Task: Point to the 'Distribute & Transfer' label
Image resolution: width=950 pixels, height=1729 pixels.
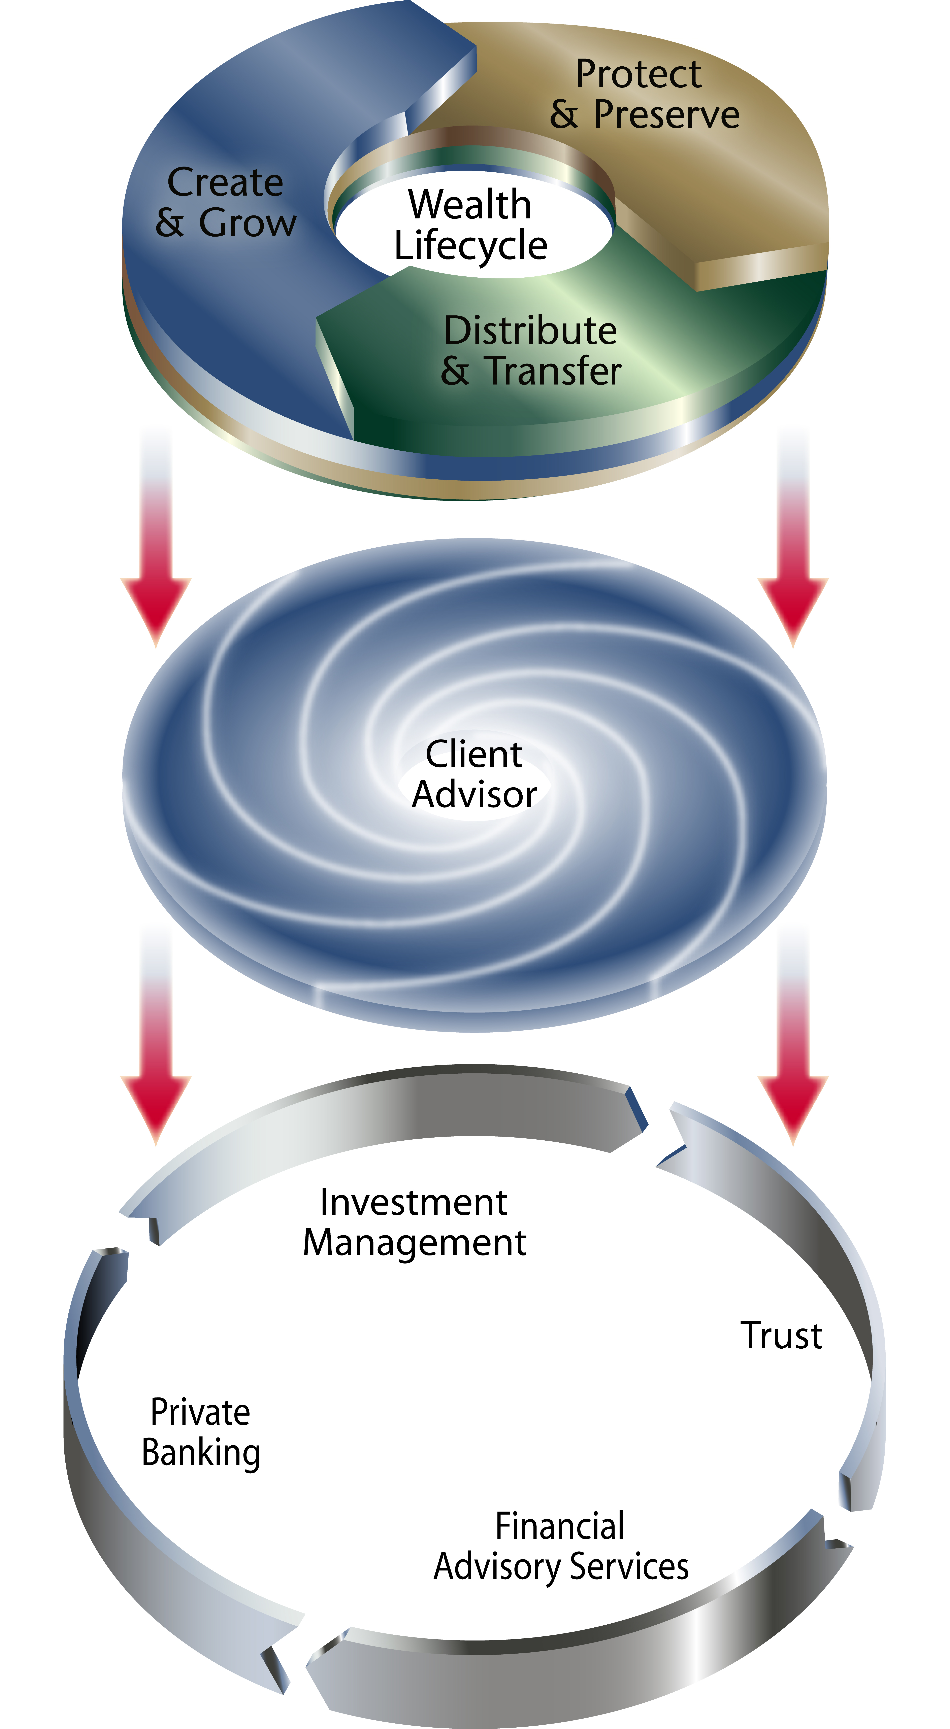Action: coord(530,350)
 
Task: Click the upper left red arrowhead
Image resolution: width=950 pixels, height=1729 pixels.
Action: coord(156,608)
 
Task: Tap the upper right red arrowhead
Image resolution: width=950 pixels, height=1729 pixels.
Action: coord(793,608)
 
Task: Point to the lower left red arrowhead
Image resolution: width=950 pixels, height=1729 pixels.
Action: coord(156,1104)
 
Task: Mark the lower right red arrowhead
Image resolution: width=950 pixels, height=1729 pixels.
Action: coord(793,1104)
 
